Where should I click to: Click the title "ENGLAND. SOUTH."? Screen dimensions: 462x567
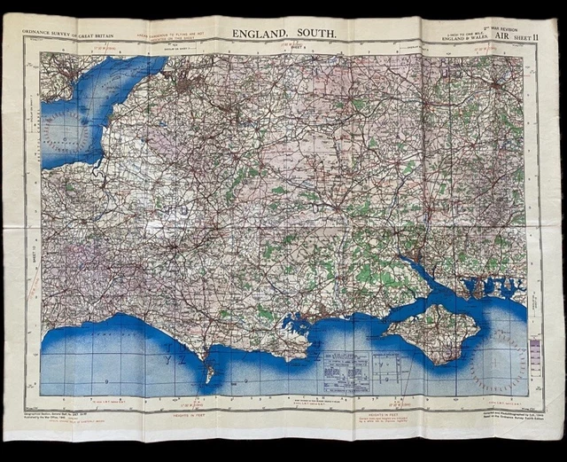[x=284, y=34]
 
